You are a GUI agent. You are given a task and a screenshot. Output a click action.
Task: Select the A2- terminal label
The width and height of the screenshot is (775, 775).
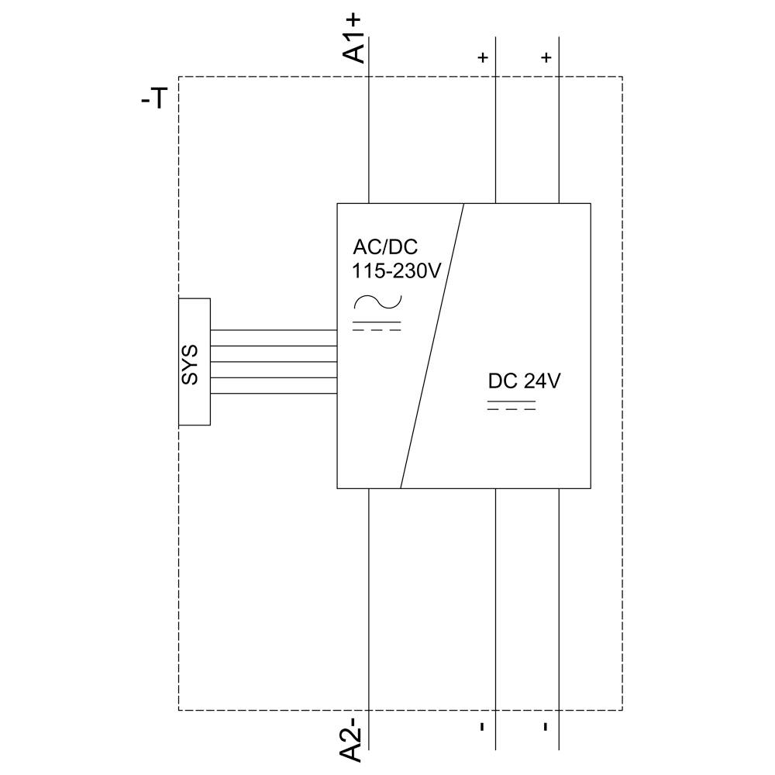pos(353,739)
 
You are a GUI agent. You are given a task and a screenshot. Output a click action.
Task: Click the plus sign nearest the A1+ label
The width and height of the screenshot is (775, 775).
pos(483,58)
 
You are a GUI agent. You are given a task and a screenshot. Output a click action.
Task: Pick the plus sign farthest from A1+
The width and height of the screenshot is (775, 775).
pos(546,58)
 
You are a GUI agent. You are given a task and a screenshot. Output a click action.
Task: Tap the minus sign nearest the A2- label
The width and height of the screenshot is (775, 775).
pos(482,726)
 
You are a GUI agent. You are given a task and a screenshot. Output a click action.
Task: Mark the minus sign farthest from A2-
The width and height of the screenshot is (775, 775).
pos(546,726)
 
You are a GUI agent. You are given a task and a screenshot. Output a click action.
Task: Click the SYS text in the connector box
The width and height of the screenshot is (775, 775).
pos(191,363)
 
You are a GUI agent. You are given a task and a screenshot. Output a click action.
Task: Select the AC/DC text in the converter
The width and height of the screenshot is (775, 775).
pos(385,247)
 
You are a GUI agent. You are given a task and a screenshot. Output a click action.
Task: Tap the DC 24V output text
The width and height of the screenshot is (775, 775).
pos(524,381)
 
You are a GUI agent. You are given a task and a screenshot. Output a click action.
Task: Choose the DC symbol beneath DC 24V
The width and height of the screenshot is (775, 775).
pos(511,405)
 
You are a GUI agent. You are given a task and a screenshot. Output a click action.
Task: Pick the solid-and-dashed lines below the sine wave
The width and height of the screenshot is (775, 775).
pos(377,325)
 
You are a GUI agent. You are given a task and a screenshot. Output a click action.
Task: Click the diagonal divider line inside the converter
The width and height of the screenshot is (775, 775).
pos(432,346)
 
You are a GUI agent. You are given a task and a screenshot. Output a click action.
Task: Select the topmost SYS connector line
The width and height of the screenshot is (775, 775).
pos(273,330)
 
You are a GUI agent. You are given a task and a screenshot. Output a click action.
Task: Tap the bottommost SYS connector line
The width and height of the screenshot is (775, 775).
pos(273,394)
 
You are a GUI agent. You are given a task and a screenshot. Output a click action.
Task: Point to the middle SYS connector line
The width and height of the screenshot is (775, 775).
pos(273,362)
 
